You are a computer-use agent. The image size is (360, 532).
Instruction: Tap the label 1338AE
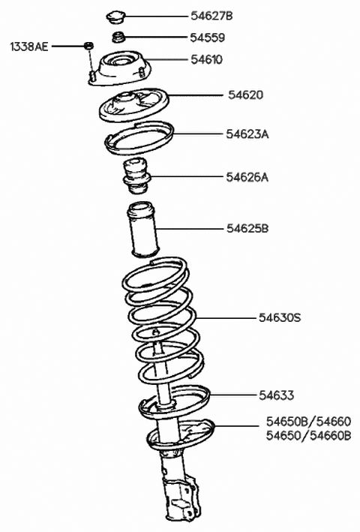pyautogui.click(x=28, y=47)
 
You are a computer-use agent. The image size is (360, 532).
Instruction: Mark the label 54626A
pyautogui.click(x=247, y=177)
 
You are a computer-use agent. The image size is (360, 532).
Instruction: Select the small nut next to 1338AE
pyautogui.click(x=90, y=47)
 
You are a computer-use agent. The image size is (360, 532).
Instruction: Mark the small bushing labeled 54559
pyautogui.click(x=118, y=38)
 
